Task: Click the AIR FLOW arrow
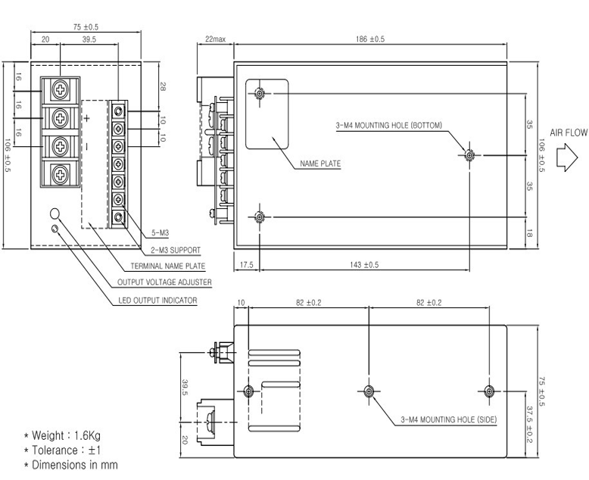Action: [x=567, y=157]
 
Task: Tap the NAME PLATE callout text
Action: [x=320, y=164]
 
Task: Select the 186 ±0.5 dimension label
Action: [x=370, y=39]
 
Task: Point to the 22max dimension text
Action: [x=215, y=39]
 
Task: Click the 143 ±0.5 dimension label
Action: [x=364, y=265]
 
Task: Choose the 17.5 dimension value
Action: [x=246, y=265]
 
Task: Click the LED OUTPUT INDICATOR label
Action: [x=157, y=301]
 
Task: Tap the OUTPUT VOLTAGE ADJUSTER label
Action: [x=164, y=282]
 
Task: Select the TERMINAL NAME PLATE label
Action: [x=168, y=266]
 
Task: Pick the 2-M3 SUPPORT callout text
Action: [x=176, y=250]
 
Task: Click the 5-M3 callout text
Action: [x=160, y=233]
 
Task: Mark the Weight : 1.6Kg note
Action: [x=62, y=435]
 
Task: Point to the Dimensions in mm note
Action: [x=70, y=465]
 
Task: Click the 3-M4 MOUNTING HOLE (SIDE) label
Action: [x=449, y=419]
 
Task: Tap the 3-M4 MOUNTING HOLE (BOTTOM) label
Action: [x=389, y=125]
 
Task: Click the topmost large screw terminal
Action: [x=60, y=90]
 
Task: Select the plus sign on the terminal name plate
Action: [x=87, y=119]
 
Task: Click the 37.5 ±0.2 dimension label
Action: [x=529, y=424]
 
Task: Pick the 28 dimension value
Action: [x=163, y=87]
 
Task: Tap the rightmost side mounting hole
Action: [x=489, y=391]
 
